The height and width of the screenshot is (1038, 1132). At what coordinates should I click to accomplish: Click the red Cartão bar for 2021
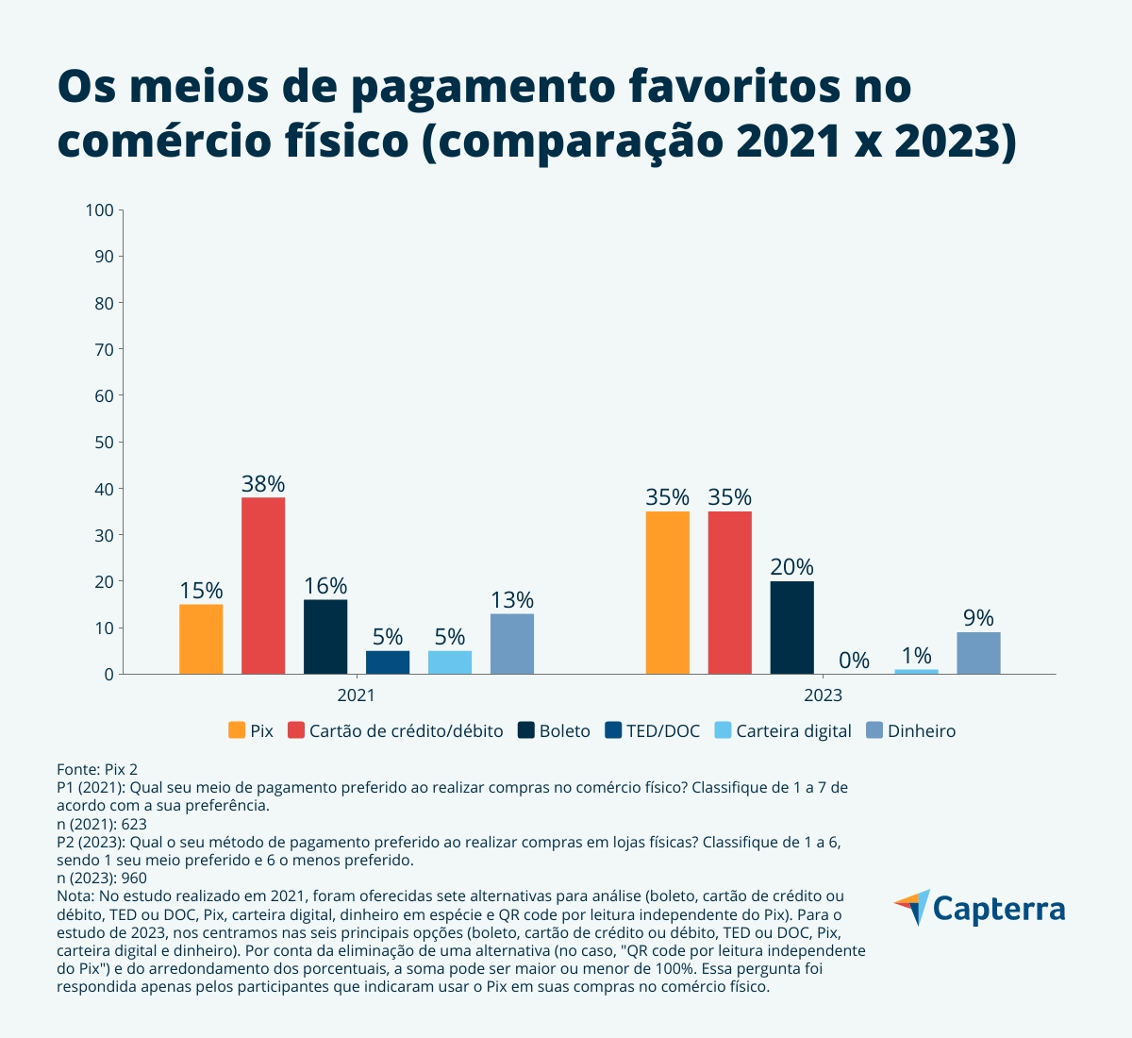coord(263,585)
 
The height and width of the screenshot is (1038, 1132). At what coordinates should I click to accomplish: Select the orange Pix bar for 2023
coord(667,593)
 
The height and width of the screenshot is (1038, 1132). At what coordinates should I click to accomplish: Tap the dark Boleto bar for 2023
coord(791,628)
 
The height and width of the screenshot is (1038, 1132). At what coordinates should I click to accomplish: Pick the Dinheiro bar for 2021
coord(512,644)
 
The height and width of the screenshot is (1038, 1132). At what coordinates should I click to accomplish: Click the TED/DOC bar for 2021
coord(388,662)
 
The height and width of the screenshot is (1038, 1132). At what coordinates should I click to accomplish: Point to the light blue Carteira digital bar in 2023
coord(916,671)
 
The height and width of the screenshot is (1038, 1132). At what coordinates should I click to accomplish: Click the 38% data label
coord(263,484)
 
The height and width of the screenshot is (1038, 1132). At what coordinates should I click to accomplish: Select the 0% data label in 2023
coord(854,661)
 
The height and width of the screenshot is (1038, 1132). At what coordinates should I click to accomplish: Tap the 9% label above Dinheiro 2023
coord(978,618)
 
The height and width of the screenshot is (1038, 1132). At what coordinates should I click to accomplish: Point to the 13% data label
coord(512,600)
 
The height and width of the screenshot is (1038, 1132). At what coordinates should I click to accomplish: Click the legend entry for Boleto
coord(555,731)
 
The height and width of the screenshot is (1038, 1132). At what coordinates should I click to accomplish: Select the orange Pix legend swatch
coord(237,731)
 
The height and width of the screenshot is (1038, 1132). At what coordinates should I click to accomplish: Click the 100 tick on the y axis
coord(99,209)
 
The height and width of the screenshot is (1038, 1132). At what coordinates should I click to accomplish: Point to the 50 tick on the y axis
coord(103,442)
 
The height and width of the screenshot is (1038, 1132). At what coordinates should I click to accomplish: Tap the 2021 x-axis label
coord(356,695)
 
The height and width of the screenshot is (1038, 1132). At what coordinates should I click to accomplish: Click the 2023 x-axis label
coord(823,695)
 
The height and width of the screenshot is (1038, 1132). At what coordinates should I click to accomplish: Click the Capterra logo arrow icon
coord(912,907)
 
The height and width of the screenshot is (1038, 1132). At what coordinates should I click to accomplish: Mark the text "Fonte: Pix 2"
coord(97,770)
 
